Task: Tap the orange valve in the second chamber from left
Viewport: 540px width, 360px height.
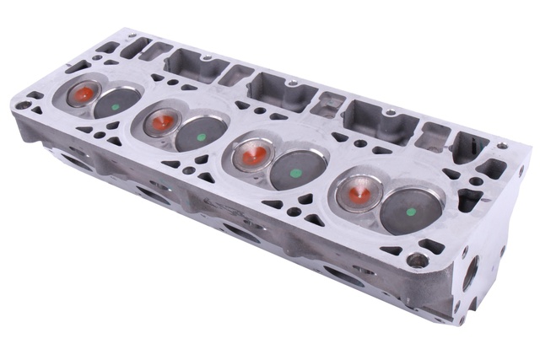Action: click(160, 123)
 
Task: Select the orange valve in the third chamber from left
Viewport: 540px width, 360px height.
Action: click(250, 154)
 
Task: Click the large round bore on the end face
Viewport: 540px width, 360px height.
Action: click(470, 272)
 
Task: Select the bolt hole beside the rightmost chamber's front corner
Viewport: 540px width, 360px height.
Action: click(414, 260)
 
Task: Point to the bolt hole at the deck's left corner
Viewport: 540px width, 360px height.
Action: click(24, 106)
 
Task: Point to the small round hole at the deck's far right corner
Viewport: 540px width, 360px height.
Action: click(504, 147)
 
